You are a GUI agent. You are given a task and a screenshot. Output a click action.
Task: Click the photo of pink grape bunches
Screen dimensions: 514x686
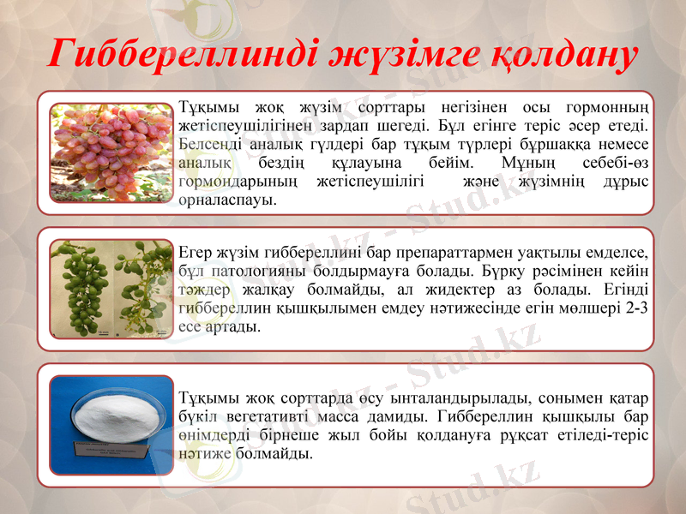tap(111, 152)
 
